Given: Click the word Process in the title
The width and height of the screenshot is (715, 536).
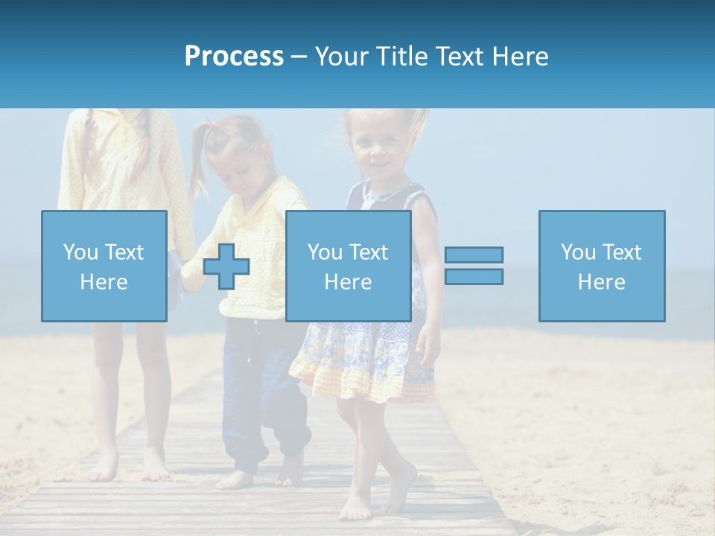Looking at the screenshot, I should (x=234, y=57).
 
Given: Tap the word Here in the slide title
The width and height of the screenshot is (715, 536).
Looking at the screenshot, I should (x=519, y=57).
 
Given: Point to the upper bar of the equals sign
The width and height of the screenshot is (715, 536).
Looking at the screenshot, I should (x=474, y=255).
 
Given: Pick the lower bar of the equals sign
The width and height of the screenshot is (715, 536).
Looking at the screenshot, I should (x=474, y=276).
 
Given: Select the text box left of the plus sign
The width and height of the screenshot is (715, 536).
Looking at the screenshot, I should (x=104, y=266).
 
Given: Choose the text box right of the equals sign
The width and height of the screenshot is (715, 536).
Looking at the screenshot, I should (x=601, y=266).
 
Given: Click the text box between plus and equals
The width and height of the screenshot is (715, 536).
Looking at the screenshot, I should (x=348, y=266).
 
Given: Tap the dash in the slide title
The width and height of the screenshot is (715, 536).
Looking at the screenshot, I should (x=299, y=57).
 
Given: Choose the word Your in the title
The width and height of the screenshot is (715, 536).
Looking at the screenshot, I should (x=342, y=57).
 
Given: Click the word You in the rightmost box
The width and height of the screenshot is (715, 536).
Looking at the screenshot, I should (x=578, y=252).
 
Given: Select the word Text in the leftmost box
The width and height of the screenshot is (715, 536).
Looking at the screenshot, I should (x=124, y=252).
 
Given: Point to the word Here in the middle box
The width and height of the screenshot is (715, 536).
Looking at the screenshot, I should (x=348, y=282).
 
